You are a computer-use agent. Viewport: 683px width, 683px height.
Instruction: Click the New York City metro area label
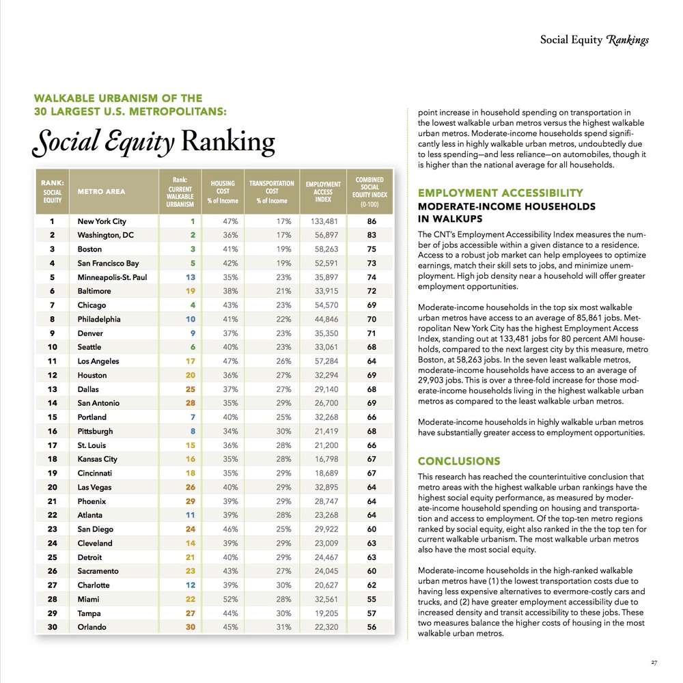102,221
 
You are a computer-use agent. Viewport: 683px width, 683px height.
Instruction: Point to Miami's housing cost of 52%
228,599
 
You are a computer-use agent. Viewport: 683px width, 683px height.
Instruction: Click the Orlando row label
93,627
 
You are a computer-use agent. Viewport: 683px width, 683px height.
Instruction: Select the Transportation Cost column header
271,192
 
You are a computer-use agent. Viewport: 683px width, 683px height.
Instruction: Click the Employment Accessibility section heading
501,193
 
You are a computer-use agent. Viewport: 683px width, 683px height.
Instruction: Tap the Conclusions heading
459,461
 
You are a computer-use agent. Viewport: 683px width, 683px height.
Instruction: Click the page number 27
654,662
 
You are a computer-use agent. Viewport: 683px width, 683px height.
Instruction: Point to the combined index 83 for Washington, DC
372,236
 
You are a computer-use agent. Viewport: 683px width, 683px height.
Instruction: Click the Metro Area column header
102,192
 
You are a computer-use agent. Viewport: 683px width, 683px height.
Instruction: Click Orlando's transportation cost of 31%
283,627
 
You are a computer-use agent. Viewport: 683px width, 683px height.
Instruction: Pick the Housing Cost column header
223,192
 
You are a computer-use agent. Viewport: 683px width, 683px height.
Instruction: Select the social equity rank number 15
52,417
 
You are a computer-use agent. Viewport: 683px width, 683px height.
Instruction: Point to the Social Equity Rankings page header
594,40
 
